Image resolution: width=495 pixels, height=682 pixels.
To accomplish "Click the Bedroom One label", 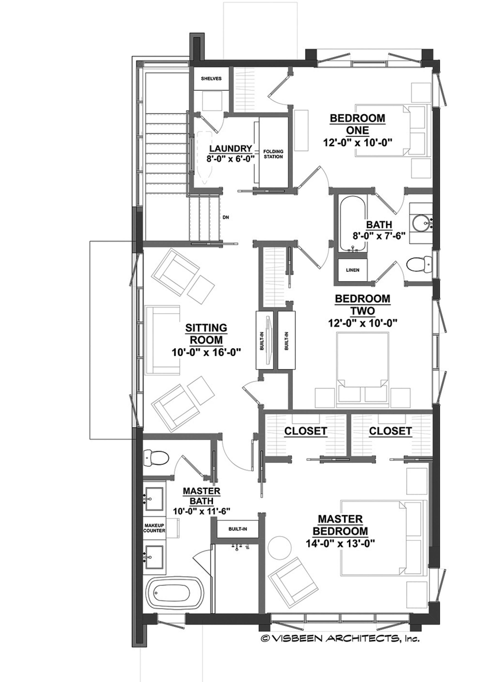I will pyautogui.click(x=357, y=124).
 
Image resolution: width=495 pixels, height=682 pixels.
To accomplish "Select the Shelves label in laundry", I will pyautogui.click(x=211, y=78).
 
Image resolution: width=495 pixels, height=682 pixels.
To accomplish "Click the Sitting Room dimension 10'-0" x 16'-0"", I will pyautogui.click(x=207, y=352).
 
